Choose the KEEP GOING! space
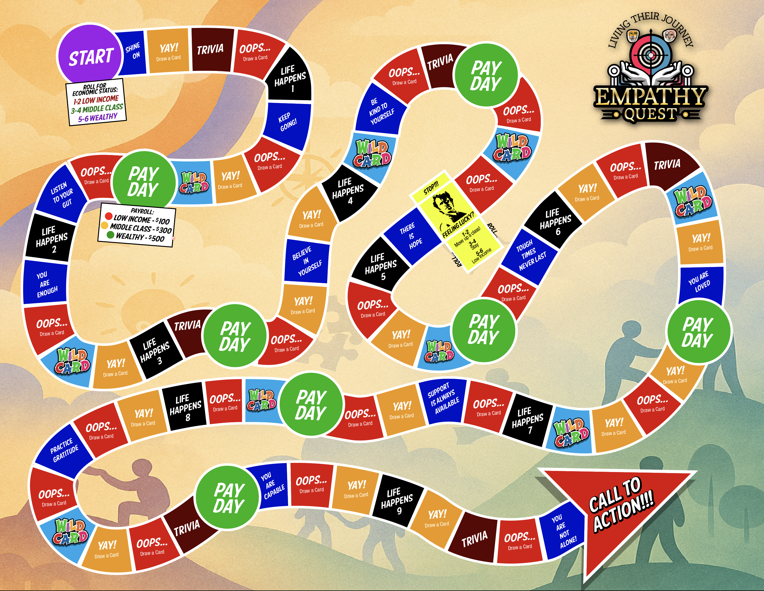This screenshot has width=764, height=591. click(287, 122)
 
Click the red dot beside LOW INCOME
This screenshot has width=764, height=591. click(109, 216)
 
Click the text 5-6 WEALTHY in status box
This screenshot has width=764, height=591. click(98, 117)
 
